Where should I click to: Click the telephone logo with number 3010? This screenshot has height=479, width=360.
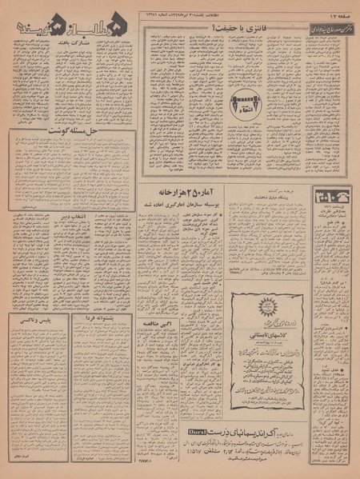pos(326,199)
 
